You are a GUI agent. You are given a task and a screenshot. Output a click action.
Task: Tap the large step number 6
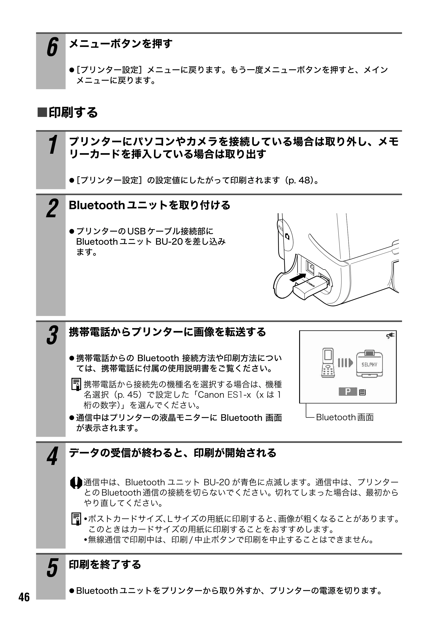pyautogui.click(x=52, y=47)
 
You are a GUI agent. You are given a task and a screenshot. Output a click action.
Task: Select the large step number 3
pyautogui.click(x=52, y=336)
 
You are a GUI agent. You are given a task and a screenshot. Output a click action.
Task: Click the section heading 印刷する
pyautogui.click(x=67, y=112)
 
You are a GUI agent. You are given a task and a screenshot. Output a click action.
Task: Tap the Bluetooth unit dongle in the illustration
pyautogui.click(x=311, y=288)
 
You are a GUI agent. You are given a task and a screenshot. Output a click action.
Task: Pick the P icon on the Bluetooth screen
pyautogui.click(x=348, y=391)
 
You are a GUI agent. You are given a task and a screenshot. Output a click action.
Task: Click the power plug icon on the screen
pyautogui.click(x=390, y=336)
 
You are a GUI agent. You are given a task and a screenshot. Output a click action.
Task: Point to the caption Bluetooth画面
pyautogui.click(x=345, y=417)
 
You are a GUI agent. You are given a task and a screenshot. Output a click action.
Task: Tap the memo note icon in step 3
pyautogui.click(x=76, y=384)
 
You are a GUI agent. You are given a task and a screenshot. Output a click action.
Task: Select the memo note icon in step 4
pyautogui.click(x=76, y=519)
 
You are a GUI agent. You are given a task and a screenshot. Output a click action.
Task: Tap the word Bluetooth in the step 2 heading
pyautogui.click(x=96, y=205)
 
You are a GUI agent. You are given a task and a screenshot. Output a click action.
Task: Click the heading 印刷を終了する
pyautogui.click(x=105, y=565)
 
